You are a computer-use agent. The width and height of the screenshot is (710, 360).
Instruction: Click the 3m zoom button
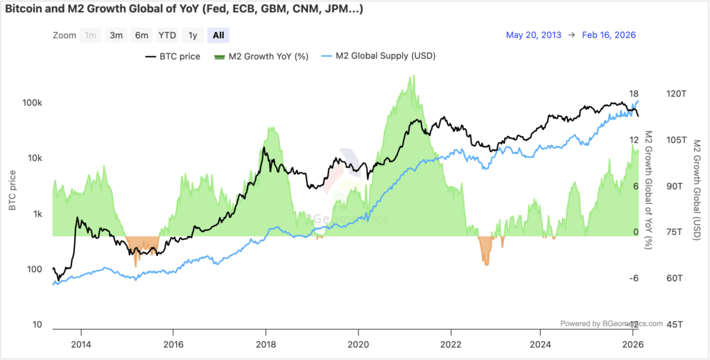coord(116,35)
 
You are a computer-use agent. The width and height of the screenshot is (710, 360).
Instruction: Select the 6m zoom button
coord(141,35)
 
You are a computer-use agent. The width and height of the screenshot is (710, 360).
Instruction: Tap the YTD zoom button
coord(166,35)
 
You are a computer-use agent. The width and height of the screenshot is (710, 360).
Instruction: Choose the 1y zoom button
coord(192,35)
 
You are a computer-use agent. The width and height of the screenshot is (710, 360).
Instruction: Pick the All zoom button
coord(218,35)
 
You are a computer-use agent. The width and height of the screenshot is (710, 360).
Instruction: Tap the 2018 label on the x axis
coord(266,344)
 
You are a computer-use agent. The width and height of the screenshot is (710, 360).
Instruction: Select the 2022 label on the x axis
coord(451,344)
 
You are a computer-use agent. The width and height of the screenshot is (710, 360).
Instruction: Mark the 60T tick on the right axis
coord(675,278)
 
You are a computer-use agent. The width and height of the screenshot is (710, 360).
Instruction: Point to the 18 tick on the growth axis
coord(633,94)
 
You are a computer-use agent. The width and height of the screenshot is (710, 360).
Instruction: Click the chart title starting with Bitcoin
coord(183,10)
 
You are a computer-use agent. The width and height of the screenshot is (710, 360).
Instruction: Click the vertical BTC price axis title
coord(12,193)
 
